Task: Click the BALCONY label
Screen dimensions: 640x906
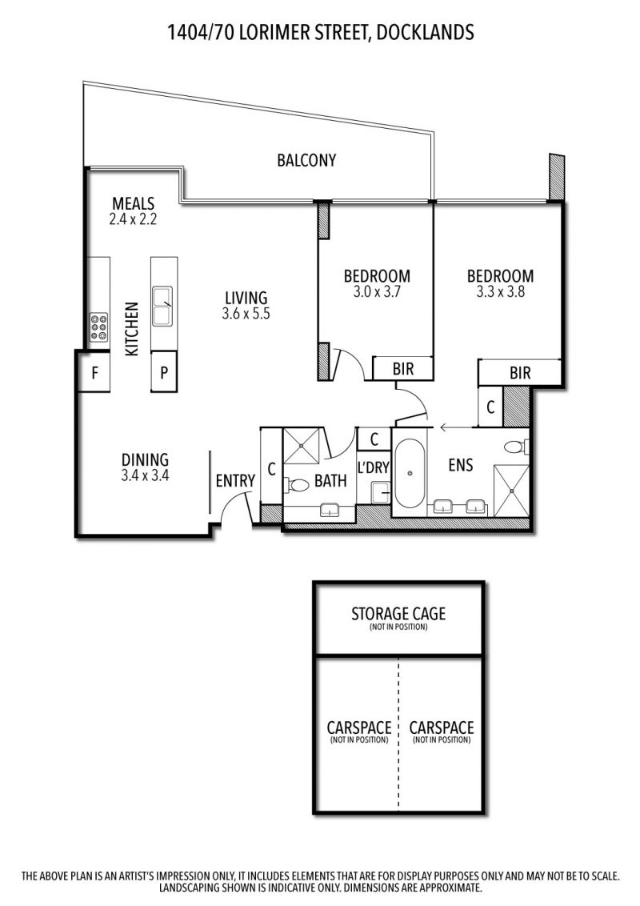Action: tap(306, 160)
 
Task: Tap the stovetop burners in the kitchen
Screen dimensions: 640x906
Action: tap(98, 327)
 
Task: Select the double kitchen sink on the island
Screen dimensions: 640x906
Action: tap(162, 306)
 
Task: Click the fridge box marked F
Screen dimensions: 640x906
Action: tap(94, 373)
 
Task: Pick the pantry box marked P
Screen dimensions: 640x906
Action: tap(164, 373)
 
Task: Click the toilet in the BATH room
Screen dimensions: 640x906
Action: tap(296, 484)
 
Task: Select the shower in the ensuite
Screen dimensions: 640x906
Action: tap(511, 491)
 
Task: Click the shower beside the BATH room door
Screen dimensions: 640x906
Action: tap(301, 446)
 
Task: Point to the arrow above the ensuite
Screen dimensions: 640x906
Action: tap(456, 427)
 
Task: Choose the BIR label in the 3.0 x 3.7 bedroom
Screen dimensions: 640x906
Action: tap(402, 369)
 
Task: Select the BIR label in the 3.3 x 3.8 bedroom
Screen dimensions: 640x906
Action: tap(520, 373)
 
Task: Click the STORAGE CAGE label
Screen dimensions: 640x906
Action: tap(398, 613)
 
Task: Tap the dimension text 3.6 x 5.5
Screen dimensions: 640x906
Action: tap(246, 314)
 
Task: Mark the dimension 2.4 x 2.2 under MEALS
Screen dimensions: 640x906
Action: tap(133, 219)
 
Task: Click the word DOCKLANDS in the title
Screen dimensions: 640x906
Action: tap(425, 32)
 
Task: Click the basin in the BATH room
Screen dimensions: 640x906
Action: tap(330, 510)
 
